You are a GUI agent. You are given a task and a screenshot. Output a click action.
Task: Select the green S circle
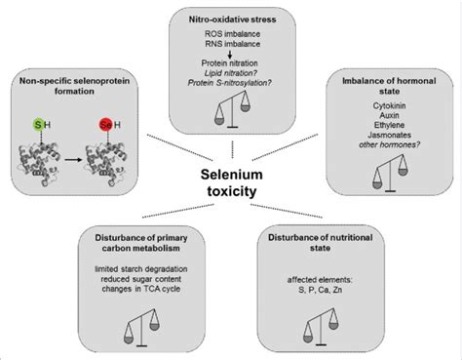[x=39, y=129]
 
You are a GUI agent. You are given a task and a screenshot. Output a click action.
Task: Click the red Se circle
[x=100, y=129]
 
